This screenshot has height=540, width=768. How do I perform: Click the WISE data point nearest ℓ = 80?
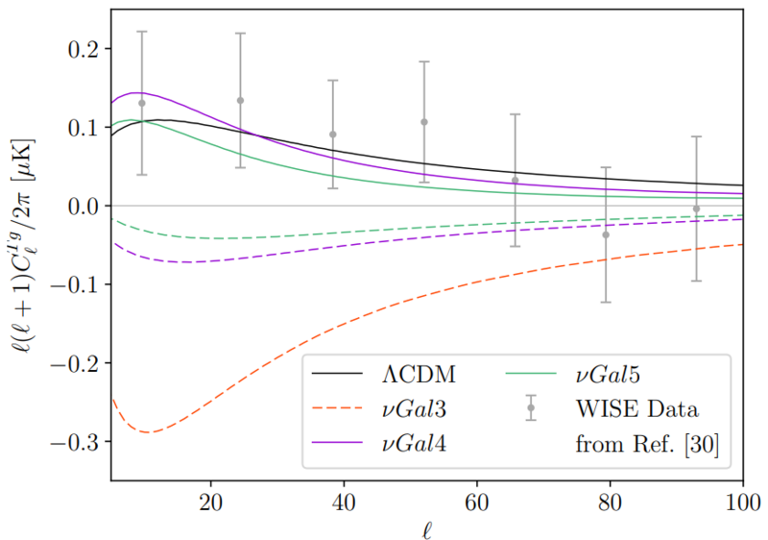(x=606, y=234)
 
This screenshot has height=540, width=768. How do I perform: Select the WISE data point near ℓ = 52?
(x=423, y=122)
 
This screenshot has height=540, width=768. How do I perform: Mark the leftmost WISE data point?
(x=142, y=103)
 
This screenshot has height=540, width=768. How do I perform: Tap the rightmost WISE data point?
(x=696, y=209)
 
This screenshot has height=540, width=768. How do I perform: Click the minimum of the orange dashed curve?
(x=149, y=432)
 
